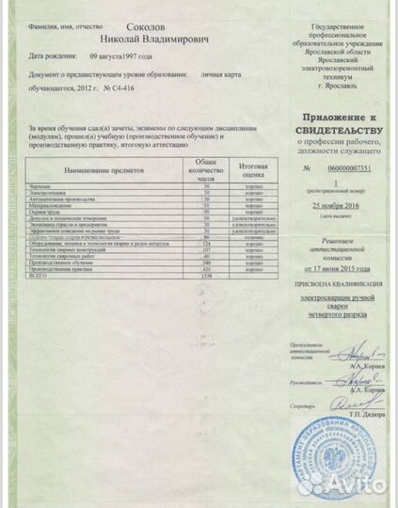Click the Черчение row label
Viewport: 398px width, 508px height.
pyautogui.click(x=42, y=186)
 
